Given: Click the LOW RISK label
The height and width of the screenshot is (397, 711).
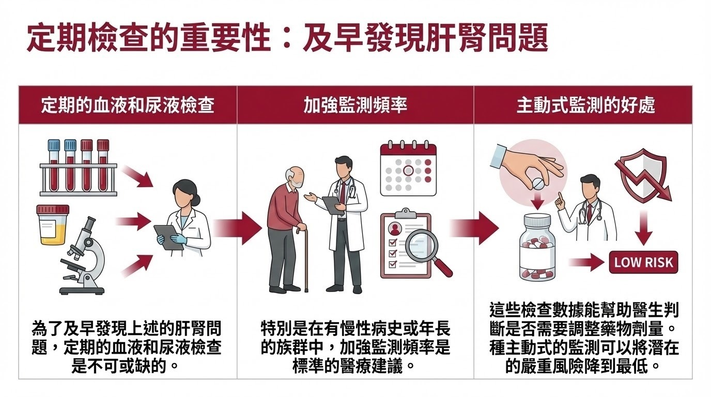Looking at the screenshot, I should click(643, 262).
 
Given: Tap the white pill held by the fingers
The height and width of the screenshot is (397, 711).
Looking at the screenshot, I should click(536, 183).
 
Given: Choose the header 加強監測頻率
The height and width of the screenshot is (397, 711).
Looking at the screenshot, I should click(355, 105).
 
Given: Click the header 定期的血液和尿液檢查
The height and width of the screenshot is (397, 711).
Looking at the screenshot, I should click(128, 105).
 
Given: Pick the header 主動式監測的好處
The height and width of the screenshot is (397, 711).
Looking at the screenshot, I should click(586, 105).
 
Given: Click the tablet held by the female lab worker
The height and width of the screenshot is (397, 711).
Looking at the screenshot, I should click(168, 237).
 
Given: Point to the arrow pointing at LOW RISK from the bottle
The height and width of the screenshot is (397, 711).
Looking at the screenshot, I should click(586, 262).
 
